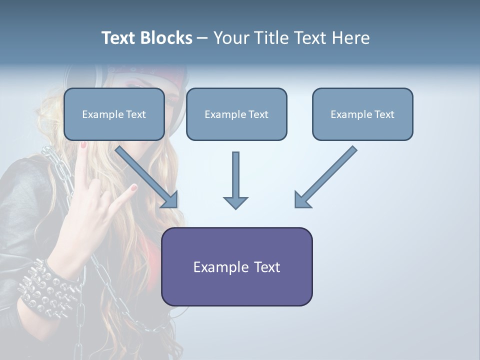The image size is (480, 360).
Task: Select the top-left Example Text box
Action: click(x=114, y=114)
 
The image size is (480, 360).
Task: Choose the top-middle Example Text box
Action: click(x=236, y=114)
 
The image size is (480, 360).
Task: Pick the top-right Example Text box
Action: click(x=362, y=114)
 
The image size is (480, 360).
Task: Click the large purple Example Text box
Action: click(x=236, y=266)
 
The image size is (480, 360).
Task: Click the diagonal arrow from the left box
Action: click(x=147, y=177)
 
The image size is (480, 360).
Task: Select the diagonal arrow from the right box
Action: click(x=325, y=177)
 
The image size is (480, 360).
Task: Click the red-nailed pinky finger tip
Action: click(x=83, y=145)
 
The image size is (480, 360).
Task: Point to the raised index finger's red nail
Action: click(x=133, y=188)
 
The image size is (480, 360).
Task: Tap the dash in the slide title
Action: click(x=202, y=38)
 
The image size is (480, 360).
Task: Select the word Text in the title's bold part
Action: click(x=118, y=38)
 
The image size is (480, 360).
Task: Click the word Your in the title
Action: click(x=230, y=38)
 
